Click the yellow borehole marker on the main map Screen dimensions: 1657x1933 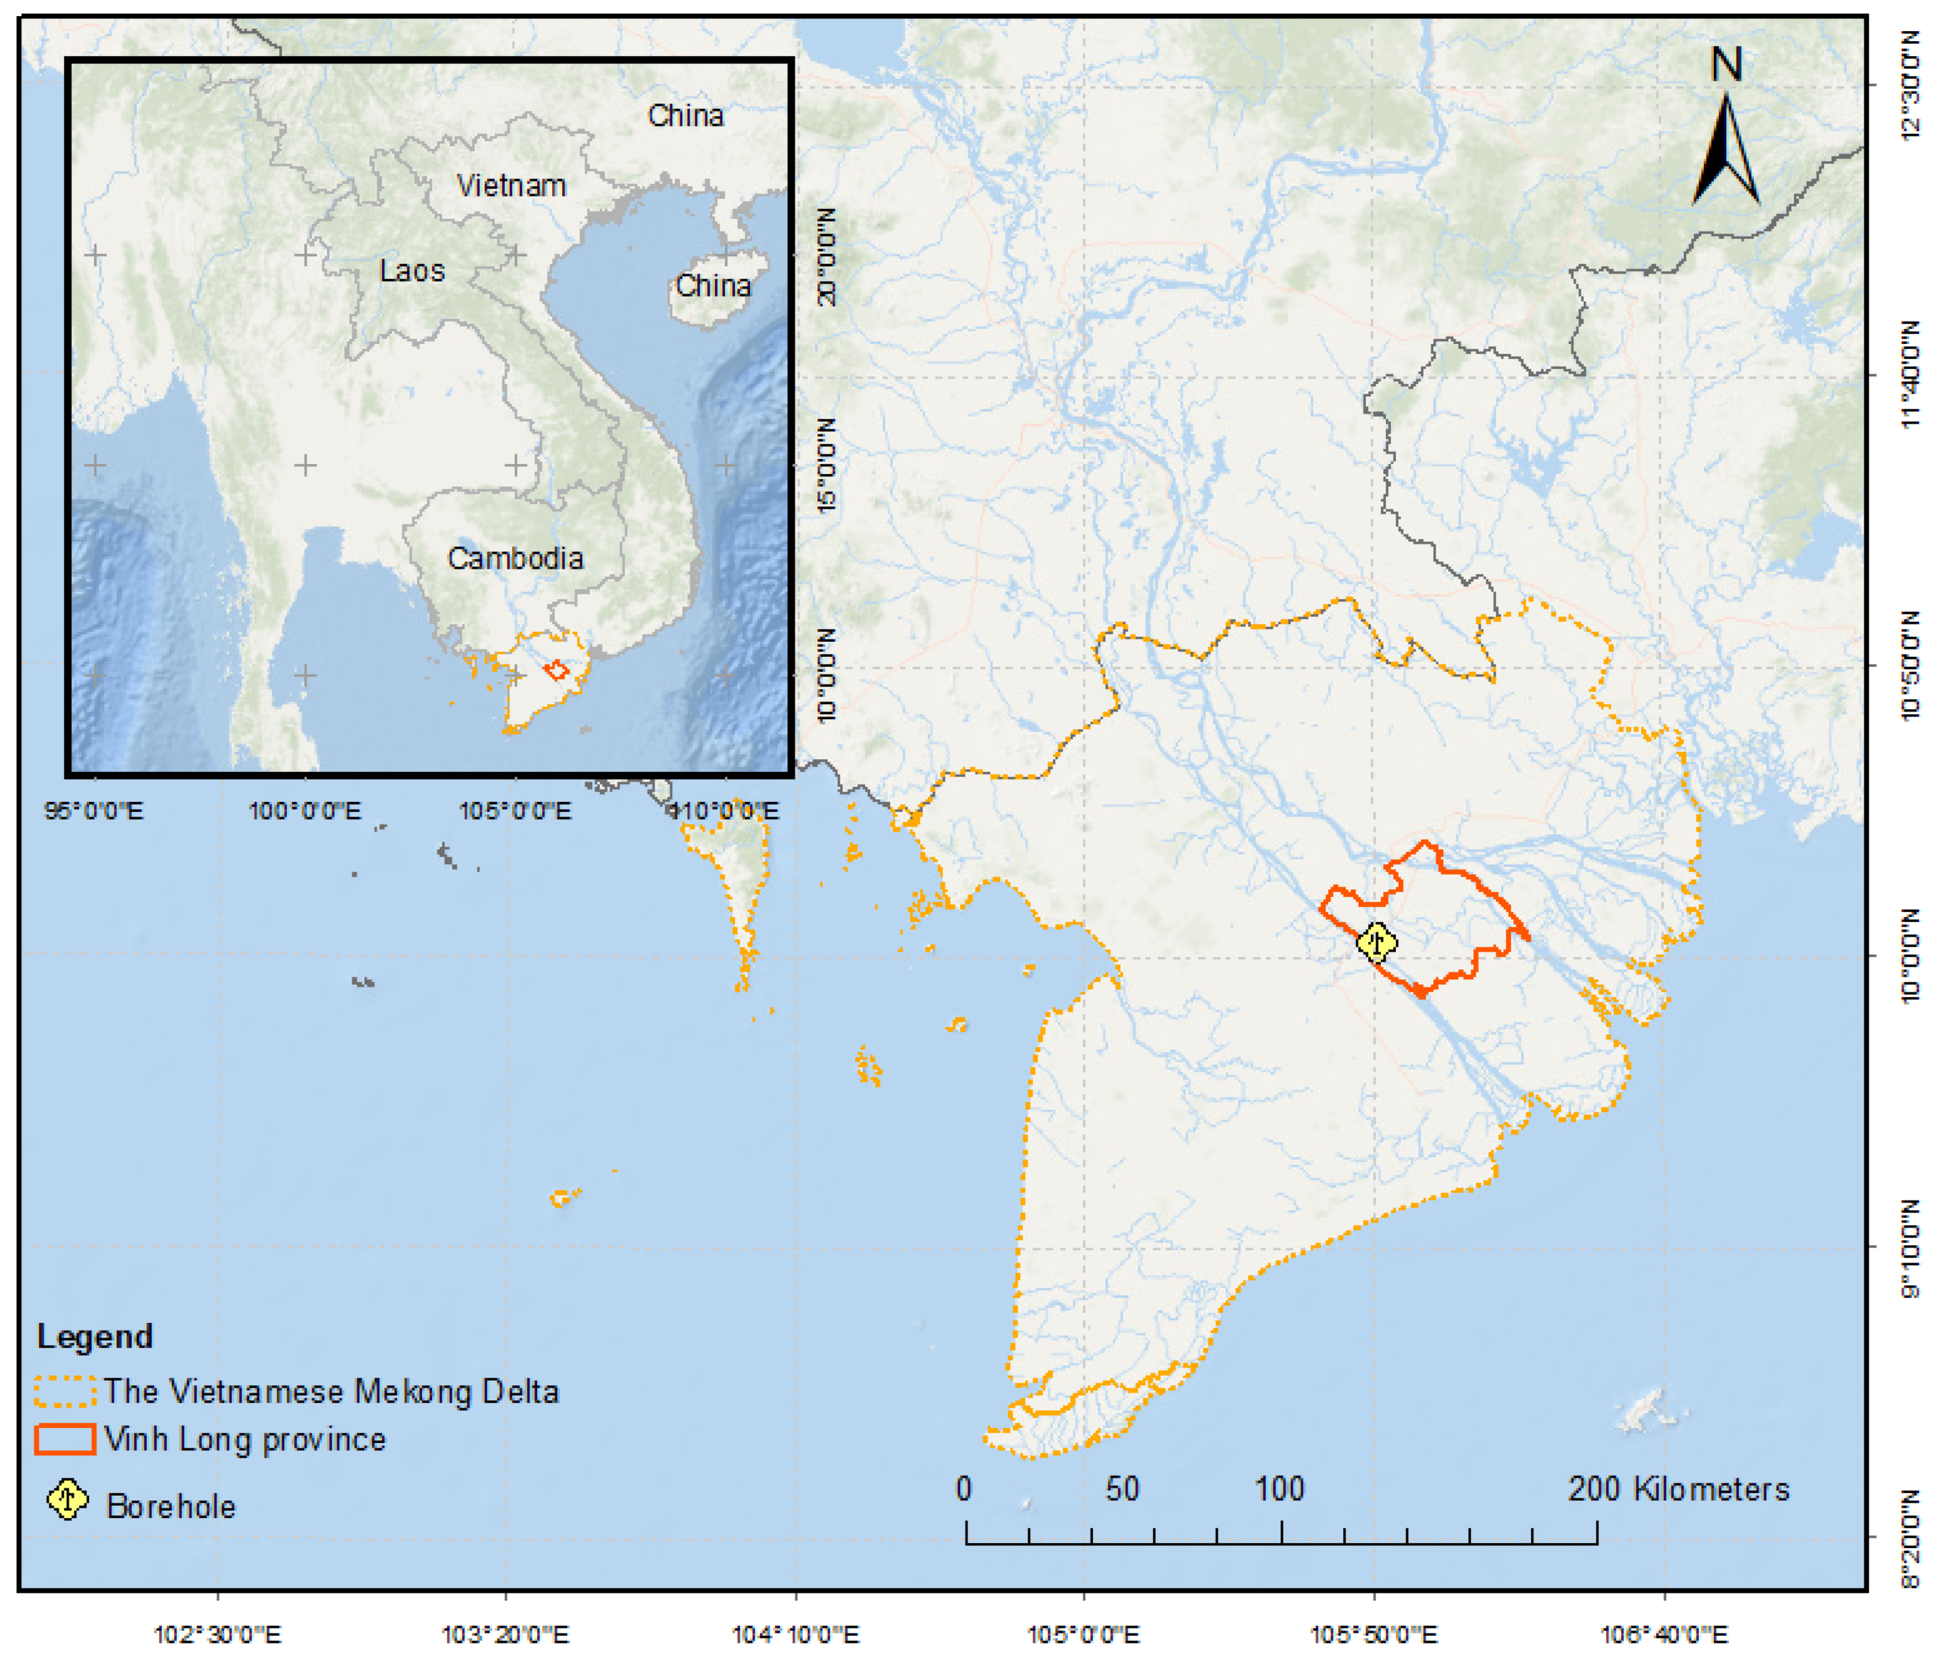(1376, 942)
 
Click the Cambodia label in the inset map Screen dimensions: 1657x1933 (515, 558)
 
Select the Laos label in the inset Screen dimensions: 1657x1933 (412, 271)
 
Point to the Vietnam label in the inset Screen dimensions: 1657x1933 (511, 186)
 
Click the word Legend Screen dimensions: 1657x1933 (94, 1336)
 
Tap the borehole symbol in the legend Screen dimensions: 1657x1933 (67, 1499)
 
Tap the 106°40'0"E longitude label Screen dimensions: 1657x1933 (1664, 1634)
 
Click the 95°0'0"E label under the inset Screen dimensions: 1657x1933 (94, 810)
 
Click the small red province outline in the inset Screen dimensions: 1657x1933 (557, 670)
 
